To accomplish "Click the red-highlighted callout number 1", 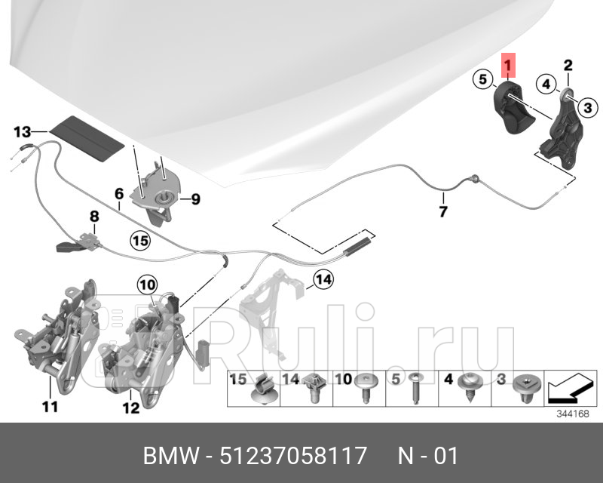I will [x=509, y=66].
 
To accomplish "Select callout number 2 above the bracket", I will [x=568, y=66].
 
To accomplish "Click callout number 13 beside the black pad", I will [x=23, y=132].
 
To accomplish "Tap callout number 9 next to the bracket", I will [x=194, y=199].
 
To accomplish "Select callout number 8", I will [x=94, y=217].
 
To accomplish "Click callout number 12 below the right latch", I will [x=130, y=408].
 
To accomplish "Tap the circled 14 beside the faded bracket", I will [x=323, y=281].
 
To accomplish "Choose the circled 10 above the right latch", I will [x=146, y=285].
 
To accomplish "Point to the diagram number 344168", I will [x=571, y=414].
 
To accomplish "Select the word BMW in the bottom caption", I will [x=170, y=456].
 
